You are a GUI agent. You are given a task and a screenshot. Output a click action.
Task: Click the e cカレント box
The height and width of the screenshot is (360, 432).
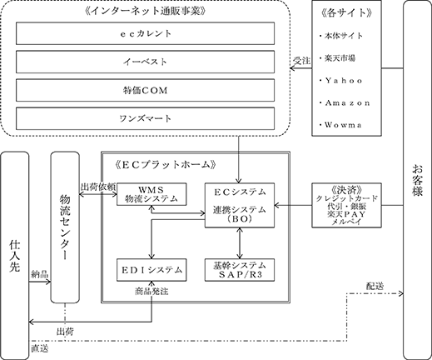coord(145,33)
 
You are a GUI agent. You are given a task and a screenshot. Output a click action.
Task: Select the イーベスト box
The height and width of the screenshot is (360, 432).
coord(145,62)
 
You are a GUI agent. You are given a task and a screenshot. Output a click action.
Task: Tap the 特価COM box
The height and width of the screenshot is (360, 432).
coord(145,90)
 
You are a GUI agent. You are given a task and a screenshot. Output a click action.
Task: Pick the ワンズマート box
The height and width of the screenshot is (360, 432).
coord(145,118)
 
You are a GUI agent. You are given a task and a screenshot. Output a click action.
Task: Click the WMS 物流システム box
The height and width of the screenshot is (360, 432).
coord(151,194)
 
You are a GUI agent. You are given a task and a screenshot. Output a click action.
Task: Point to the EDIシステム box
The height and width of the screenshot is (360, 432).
coord(151,270)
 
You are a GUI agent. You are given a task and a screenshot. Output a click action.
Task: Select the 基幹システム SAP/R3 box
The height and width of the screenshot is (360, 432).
coord(240,270)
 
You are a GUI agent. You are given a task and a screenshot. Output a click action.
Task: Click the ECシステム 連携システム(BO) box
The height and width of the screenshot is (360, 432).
coord(240,205)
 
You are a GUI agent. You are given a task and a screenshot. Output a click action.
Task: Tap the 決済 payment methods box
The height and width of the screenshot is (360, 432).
coord(346,205)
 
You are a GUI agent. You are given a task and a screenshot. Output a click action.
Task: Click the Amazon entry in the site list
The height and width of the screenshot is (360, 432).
coord(345,103)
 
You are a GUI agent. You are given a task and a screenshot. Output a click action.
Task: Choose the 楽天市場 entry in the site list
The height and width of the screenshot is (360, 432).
coord(337,58)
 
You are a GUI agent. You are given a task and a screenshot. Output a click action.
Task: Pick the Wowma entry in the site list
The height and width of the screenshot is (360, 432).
coord(340,125)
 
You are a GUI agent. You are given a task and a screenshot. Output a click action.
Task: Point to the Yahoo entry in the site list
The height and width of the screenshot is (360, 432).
coord(340,81)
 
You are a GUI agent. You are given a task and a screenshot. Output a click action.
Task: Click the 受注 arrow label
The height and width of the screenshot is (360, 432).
coord(302,61)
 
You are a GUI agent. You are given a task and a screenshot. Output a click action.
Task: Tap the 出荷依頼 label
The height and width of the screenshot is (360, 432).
coord(98,187)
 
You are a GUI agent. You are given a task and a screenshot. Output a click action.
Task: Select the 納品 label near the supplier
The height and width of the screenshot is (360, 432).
coord(40,274)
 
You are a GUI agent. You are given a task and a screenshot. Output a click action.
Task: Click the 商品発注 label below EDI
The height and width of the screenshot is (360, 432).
coord(151,292)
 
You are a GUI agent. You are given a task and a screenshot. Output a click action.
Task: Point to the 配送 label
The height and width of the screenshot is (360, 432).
coord(375,286)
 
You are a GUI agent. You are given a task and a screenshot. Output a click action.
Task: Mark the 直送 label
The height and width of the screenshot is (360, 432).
coord(40,348)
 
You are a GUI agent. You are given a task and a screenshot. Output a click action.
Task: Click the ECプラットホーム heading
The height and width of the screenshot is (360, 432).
coord(165,165)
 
